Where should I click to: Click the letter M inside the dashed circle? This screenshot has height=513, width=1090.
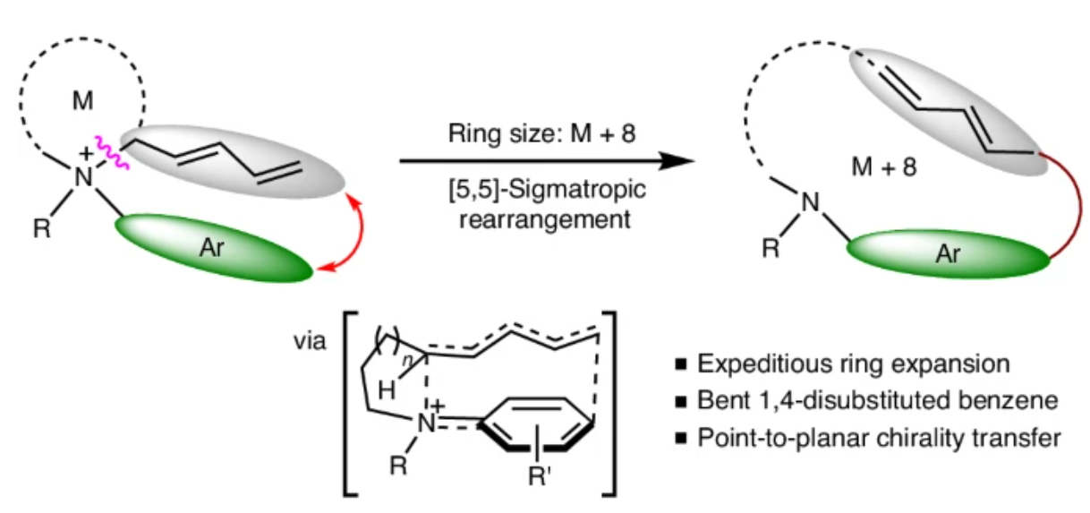(x=83, y=100)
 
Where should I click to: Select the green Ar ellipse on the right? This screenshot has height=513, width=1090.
(x=949, y=254)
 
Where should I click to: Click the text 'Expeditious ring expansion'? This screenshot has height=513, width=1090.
(x=854, y=364)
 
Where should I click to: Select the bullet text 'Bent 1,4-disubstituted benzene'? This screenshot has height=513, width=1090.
(x=876, y=402)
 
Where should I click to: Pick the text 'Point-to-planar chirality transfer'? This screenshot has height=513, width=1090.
(x=882, y=440)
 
